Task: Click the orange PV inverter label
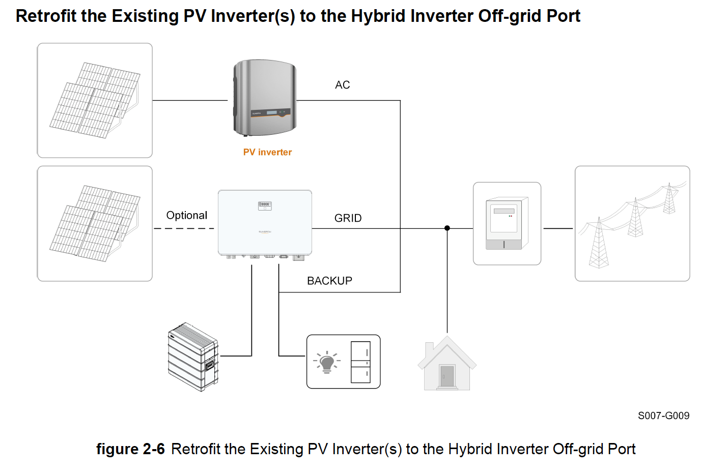point(267,152)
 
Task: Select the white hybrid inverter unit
point(265,224)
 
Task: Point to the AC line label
point(343,85)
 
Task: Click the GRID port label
point(348,218)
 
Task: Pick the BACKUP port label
point(329,281)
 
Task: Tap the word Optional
point(187,215)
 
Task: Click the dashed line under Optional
point(184,228)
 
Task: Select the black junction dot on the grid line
point(447,228)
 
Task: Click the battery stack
point(193,357)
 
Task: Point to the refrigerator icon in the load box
point(360,362)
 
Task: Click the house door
point(447,376)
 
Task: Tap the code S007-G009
point(663,416)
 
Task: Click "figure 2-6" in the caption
point(130,449)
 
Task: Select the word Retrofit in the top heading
point(46,16)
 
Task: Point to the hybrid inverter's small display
point(265,204)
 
